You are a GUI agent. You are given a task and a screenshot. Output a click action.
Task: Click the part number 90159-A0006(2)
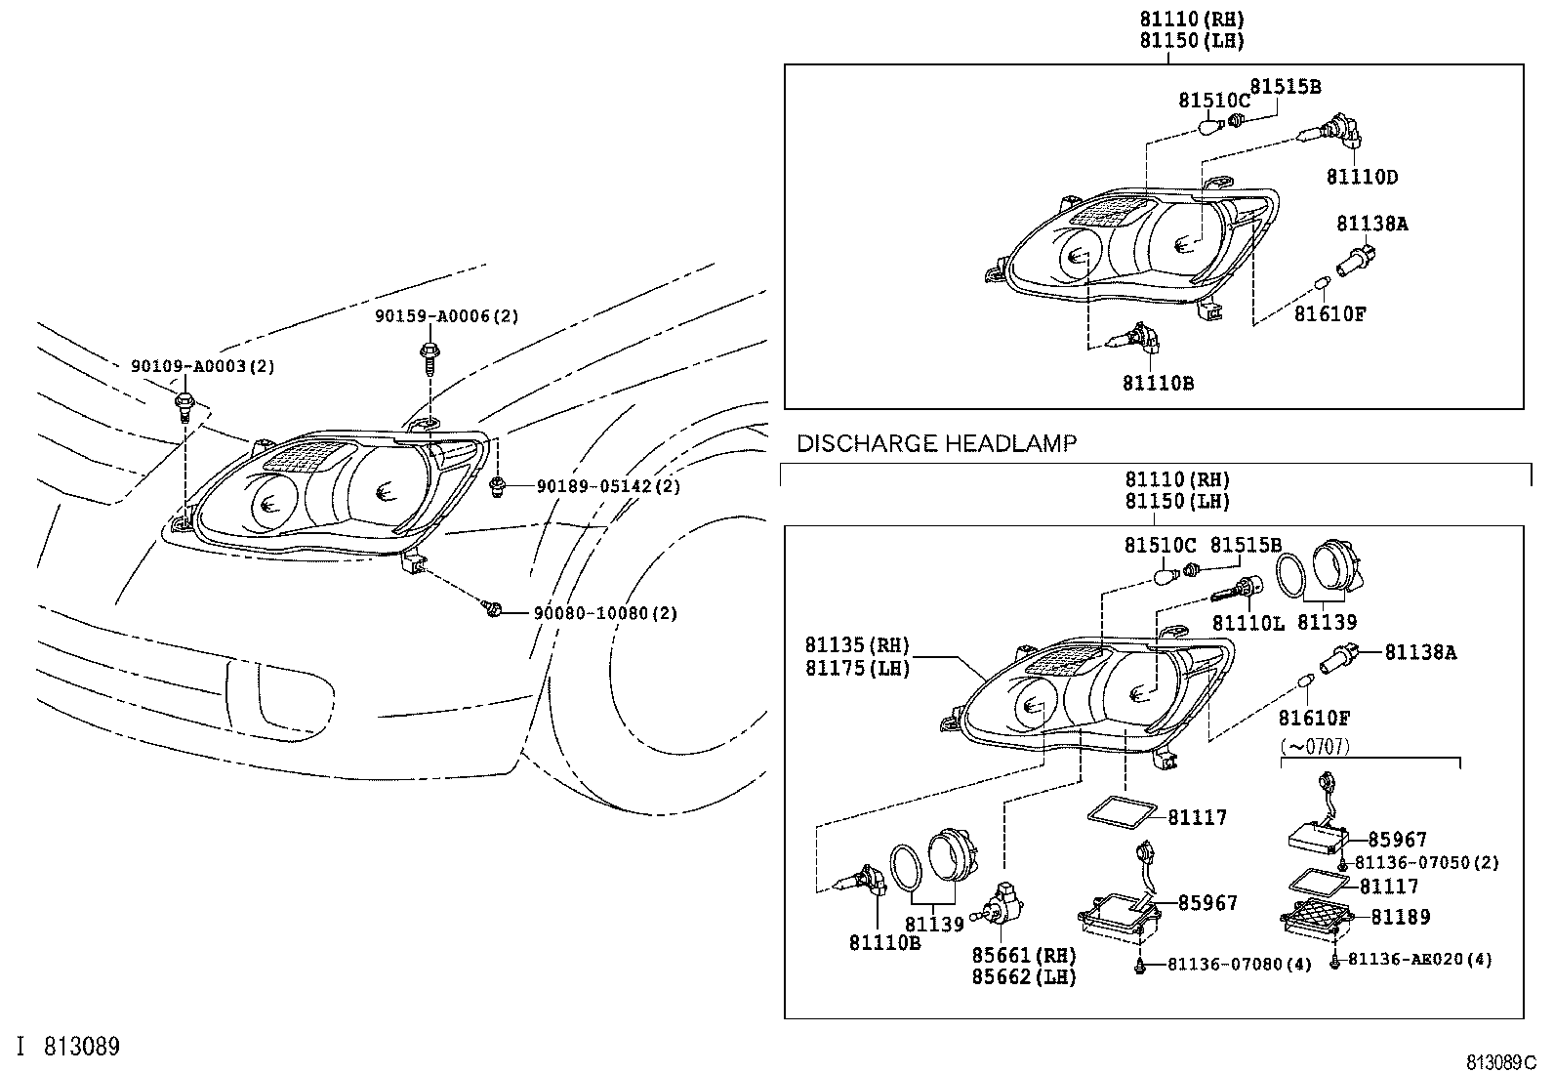click(447, 316)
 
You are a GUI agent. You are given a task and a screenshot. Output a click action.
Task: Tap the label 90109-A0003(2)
click(203, 366)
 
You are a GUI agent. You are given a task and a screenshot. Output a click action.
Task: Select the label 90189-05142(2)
click(608, 486)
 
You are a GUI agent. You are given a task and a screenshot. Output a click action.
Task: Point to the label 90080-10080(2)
click(605, 613)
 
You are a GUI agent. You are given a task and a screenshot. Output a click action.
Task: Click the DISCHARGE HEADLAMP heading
click(936, 444)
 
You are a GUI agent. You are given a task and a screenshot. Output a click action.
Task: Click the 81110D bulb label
click(1362, 178)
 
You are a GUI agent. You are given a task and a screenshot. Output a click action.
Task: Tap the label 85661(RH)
click(1023, 955)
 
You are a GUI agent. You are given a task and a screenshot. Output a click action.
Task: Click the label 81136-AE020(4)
click(1420, 960)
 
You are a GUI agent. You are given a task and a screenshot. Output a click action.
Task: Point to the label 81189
click(1400, 917)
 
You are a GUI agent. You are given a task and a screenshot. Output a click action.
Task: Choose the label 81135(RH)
click(857, 645)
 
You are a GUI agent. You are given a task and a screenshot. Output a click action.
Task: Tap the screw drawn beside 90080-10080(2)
click(493, 609)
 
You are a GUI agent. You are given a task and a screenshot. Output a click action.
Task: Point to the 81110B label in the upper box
click(1158, 384)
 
